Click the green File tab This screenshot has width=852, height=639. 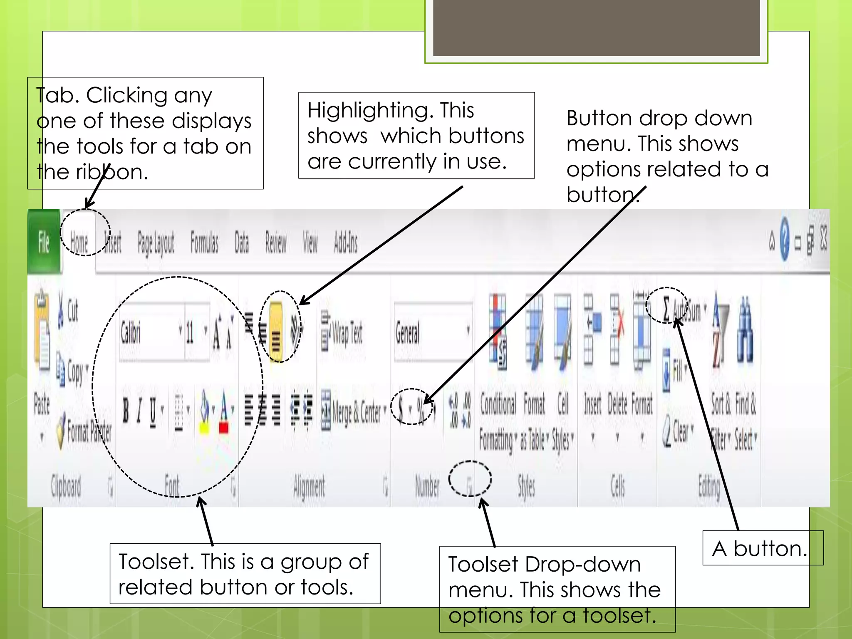click(44, 242)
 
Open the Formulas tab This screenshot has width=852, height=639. click(204, 242)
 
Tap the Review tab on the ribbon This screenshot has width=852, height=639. click(276, 242)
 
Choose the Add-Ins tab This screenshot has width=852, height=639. click(346, 242)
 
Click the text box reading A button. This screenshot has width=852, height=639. click(760, 548)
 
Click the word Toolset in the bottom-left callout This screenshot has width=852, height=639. click(156, 562)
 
